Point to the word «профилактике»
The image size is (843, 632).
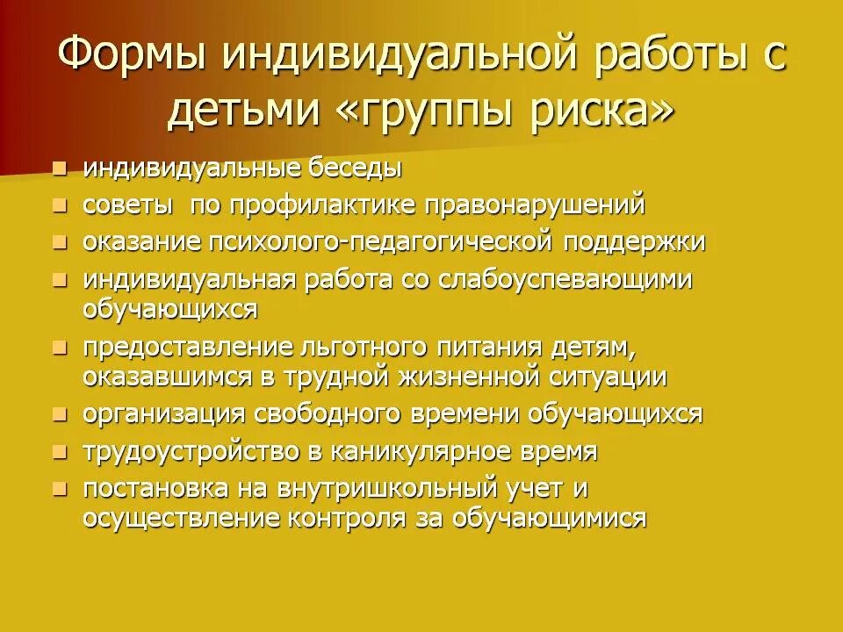[x=324, y=205]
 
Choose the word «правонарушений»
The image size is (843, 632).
[x=537, y=205]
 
